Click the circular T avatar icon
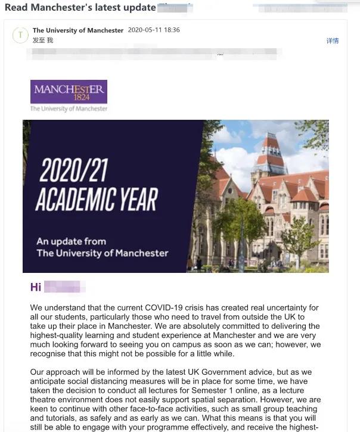(x=20, y=35)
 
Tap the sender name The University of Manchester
(x=78, y=30)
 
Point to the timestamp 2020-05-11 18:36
(x=154, y=30)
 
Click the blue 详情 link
(x=332, y=41)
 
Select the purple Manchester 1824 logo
(x=69, y=92)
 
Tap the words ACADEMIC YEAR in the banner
(x=96, y=200)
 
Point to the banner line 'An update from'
(x=71, y=241)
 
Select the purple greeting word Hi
(x=36, y=287)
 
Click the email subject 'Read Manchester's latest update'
(x=80, y=8)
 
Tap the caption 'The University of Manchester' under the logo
(x=69, y=109)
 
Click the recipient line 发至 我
(x=43, y=40)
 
